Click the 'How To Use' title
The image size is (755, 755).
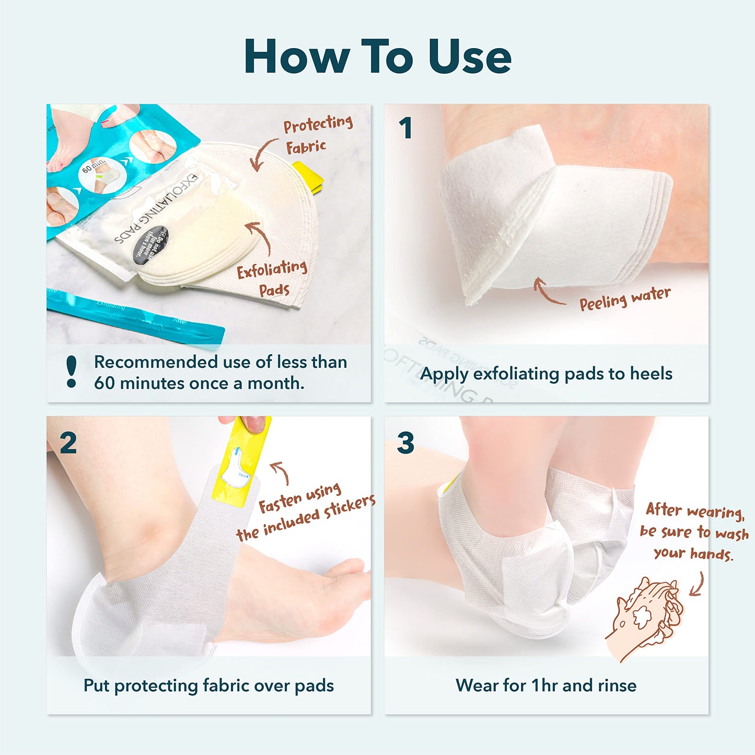[377, 56]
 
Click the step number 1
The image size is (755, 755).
[405, 128]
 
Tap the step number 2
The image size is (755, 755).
[68, 443]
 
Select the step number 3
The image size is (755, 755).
[405, 443]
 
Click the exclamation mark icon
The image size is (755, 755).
[72, 372]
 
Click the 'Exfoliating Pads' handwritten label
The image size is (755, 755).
[272, 278]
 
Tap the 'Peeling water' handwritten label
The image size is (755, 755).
[624, 298]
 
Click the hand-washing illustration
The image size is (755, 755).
[646, 617]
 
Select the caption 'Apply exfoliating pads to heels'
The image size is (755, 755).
[546, 374]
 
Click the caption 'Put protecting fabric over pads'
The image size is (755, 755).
[208, 686]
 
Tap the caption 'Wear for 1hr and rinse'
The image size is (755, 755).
[546, 686]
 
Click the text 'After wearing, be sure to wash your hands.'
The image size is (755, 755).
[694, 531]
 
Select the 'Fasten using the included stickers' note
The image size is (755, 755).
[306, 512]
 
